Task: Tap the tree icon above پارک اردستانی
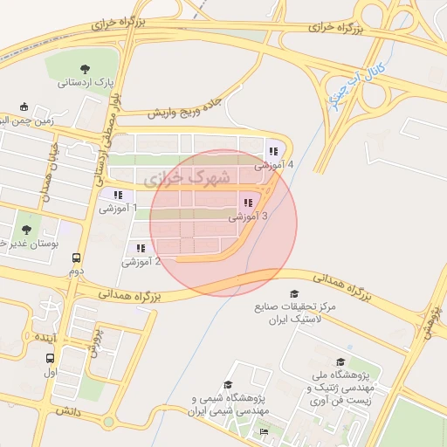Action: [x=85, y=68]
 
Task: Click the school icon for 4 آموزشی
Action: [x=273, y=150]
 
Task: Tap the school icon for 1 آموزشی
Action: [x=118, y=194]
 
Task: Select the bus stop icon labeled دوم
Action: [x=77, y=258]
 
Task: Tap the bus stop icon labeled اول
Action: [x=50, y=358]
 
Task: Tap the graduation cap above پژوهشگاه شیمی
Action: [x=228, y=385]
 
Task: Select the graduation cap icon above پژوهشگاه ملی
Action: [x=340, y=361]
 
